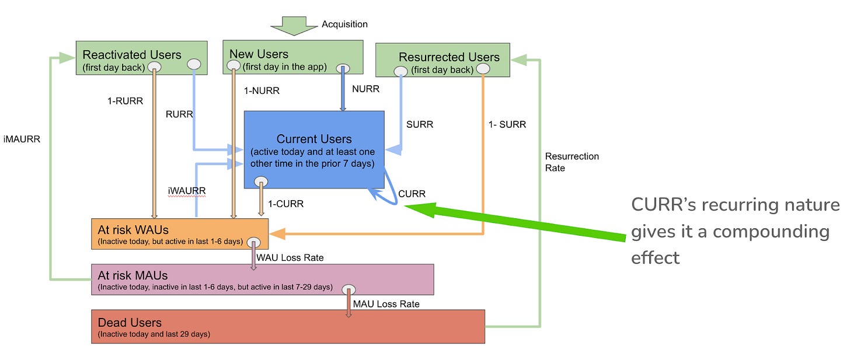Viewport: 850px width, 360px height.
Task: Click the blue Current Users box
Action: pos(313,149)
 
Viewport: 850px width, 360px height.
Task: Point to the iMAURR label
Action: pos(22,139)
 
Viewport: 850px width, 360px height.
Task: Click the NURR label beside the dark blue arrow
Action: pos(366,89)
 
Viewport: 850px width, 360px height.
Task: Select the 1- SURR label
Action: pos(507,124)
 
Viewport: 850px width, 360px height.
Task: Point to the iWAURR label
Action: pos(186,190)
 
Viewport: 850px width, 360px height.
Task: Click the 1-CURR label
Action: pos(285,204)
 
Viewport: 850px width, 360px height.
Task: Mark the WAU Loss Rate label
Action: pos(290,257)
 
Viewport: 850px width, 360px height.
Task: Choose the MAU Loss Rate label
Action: pos(386,304)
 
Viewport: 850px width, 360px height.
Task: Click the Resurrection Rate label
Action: pos(572,162)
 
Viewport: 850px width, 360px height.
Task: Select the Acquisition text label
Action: pos(344,25)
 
